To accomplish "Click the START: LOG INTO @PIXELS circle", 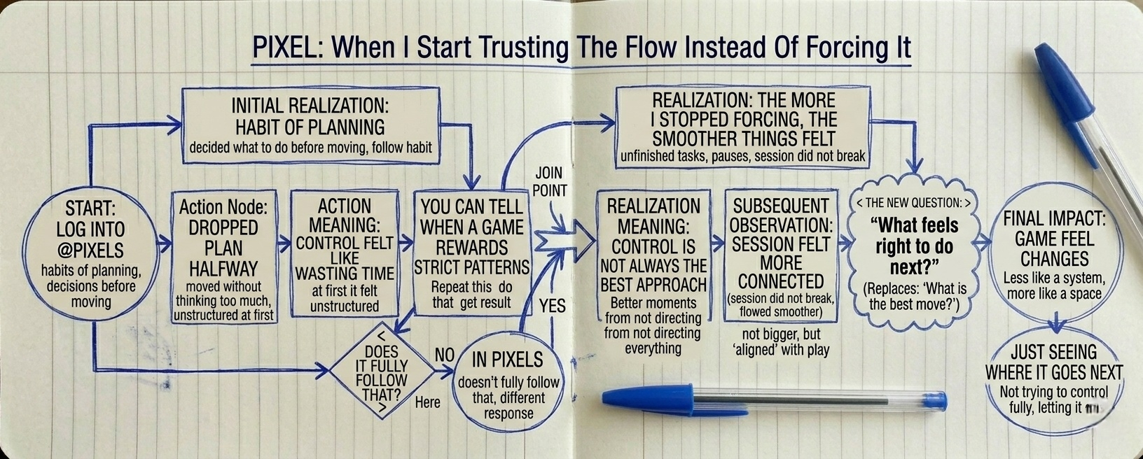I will point(90,253).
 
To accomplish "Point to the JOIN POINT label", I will point(549,181).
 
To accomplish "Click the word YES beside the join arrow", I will point(552,306).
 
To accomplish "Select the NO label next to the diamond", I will point(444,355).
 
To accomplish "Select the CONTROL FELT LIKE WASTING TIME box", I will point(344,255).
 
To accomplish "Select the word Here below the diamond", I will point(427,402).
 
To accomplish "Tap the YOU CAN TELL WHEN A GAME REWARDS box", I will point(471,253).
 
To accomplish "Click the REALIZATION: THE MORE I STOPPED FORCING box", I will point(742,127).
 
